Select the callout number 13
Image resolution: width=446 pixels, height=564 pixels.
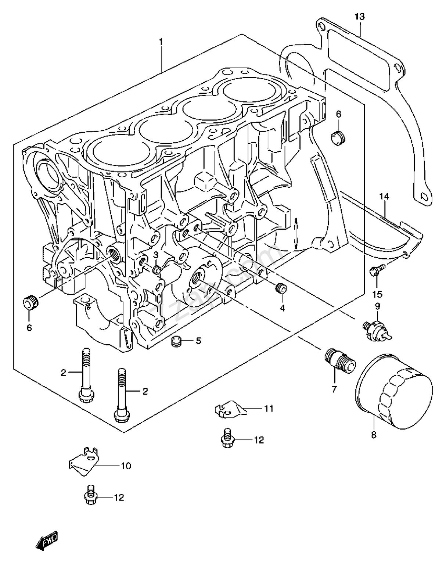point(360,16)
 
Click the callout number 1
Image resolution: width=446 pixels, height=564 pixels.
point(161,42)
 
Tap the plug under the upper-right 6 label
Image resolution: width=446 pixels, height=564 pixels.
point(338,137)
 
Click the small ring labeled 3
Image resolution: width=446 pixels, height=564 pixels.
point(157,270)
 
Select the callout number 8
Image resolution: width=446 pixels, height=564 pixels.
point(374,435)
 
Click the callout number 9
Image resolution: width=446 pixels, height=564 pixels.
point(377,306)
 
